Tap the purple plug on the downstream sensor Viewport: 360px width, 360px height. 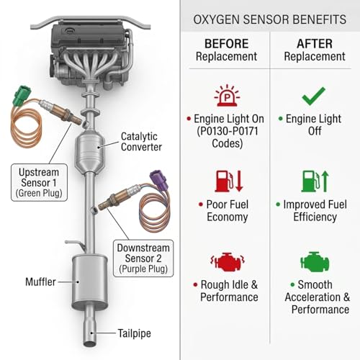pos(158,180)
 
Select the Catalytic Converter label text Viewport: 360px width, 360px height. pos(141,142)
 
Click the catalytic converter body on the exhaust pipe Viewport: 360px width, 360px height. pos(90,151)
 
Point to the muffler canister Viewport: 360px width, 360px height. pos(89,282)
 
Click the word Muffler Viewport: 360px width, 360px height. pos(40,282)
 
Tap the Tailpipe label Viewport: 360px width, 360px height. pos(134,333)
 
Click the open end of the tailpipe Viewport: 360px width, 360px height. pos(90,343)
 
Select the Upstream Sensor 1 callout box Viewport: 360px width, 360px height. pos(39,182)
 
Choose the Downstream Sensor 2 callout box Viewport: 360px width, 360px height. pos(143,258)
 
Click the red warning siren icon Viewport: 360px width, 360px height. pos(227,95)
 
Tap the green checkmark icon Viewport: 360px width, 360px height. pos(313,96)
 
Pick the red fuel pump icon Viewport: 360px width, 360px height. pos(229,181)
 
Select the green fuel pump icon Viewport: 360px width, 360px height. pos(315,181)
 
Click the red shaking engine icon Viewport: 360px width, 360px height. pos(228,261)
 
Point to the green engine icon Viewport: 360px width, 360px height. pos(315,261)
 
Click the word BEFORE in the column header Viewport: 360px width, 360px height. pos(226,44)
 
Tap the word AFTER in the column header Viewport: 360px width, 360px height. pos(315,44)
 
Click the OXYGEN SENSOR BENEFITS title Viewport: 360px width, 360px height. pos(270,19)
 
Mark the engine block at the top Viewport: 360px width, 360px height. pos(91,52)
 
